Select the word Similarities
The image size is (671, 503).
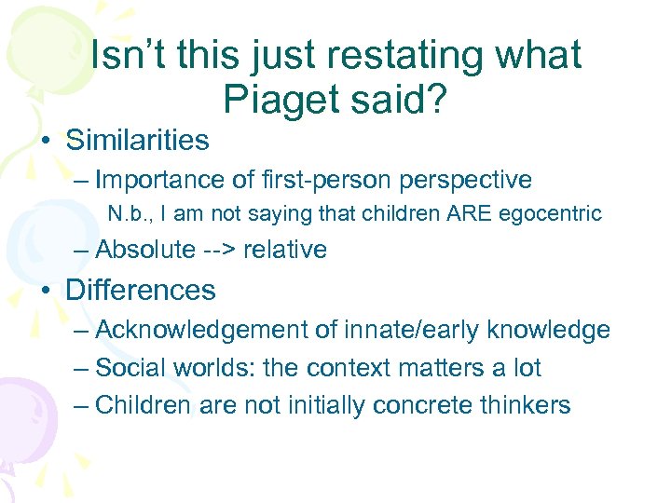(137, 141)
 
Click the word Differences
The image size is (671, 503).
(140, 290)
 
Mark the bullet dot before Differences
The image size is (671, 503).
(46, 292)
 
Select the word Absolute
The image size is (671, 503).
(145, 250)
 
